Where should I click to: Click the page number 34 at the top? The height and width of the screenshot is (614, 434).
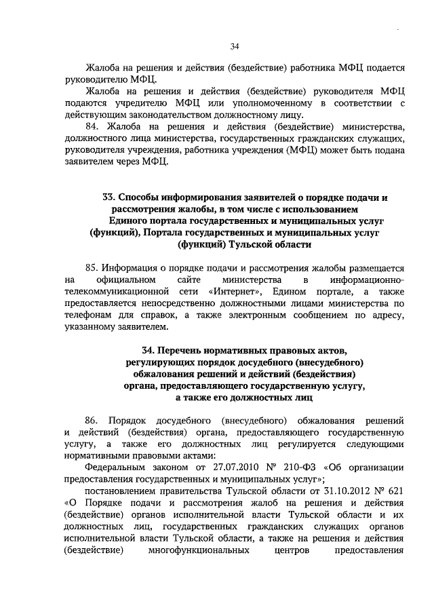pos(234,47)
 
